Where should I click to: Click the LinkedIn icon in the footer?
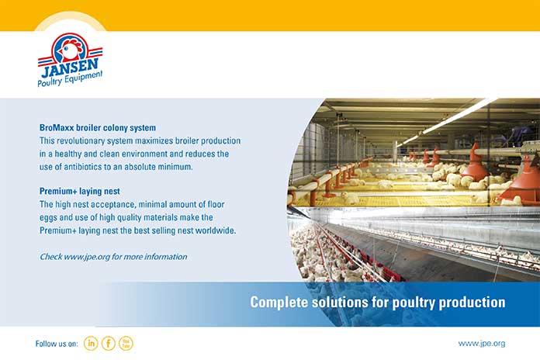(91, 343)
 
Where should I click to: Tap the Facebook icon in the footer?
(109, 343)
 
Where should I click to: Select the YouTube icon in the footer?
(126, 343)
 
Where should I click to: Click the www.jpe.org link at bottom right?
(482, 344)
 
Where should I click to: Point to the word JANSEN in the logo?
(70, 67)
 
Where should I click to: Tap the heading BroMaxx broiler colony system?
(98, 128)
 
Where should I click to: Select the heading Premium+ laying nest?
(80, 191)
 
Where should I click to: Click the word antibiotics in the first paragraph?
(81, 167)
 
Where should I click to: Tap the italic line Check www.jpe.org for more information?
(113, 257)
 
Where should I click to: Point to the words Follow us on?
(57, 344)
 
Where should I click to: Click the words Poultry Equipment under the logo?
(70, 80)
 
